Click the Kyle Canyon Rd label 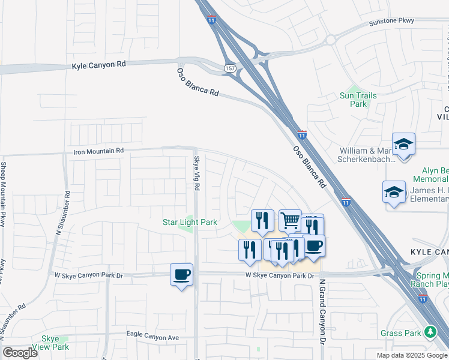100,65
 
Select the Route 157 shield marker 230,68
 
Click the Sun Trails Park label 358,100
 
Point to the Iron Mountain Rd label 98,151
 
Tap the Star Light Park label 190,222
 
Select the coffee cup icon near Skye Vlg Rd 181,274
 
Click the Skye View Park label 55,343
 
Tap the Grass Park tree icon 430,332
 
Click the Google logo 20,353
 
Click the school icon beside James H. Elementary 393,192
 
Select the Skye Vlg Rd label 196,173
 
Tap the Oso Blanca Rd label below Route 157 197,83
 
